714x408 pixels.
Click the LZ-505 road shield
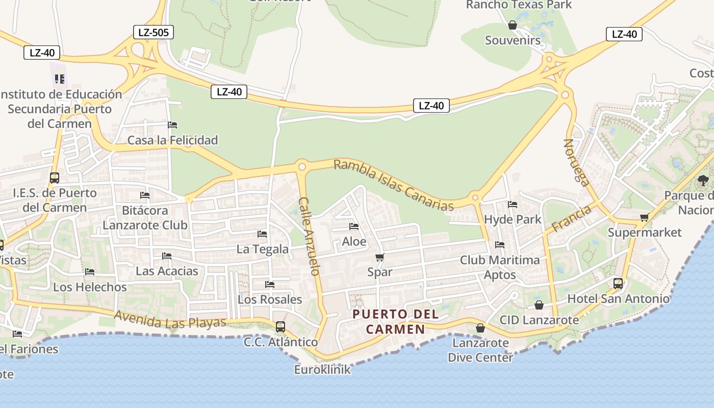pos(153,33)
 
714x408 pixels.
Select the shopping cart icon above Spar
pos(379,257)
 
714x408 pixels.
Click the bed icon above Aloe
pos(354,226)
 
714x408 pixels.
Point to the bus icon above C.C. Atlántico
pos(280,326)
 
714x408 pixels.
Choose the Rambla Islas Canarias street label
pos(393,185)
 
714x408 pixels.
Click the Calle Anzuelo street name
pos(310,236)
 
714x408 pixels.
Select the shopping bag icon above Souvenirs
pos(513,25)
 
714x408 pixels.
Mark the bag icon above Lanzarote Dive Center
pos(480,328)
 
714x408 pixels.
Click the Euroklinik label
pos(322,370)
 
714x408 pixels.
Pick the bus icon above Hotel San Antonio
pos(618,283)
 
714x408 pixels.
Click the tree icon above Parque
pos(703,180)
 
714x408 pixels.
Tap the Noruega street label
pos(576,162)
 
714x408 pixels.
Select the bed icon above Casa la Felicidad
pos(172,125)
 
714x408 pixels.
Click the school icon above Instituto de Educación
pos(60,79)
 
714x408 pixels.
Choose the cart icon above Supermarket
pos(645,218)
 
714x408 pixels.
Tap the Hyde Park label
pos(513,220)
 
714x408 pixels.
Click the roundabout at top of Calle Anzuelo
pos(301,166)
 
